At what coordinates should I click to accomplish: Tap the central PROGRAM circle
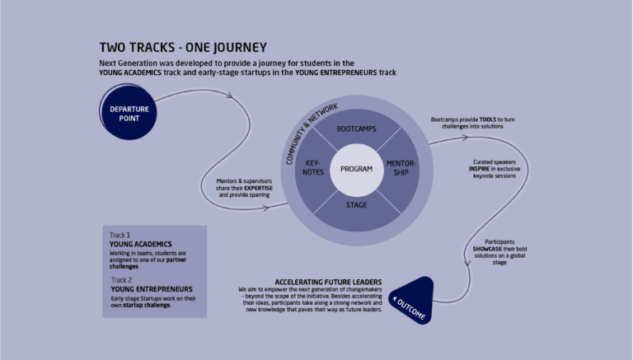pos(351,169)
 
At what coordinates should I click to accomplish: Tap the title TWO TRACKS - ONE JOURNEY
pos(182,48)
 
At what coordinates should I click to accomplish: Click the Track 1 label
pos(120,235)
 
